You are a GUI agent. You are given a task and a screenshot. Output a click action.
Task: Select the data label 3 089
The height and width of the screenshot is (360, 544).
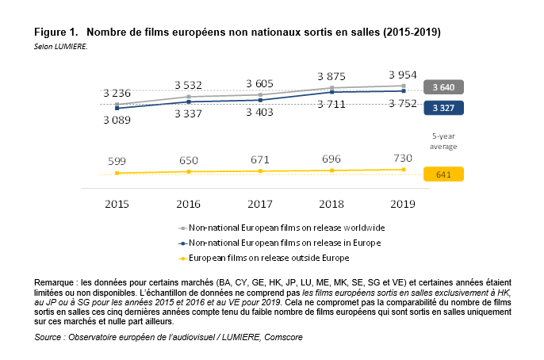click(117, 120)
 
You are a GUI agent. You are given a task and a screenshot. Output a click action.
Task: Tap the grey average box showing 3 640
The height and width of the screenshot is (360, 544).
click(444, 87)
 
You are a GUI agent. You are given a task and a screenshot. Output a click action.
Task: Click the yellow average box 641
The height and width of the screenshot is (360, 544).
click(444, 174)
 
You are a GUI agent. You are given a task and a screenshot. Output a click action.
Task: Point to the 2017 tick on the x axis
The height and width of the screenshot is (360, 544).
click(260, 204)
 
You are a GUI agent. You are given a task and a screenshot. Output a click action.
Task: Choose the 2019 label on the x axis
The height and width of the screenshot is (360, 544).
click(404, 204)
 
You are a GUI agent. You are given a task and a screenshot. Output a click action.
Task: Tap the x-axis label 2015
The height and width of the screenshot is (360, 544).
click(117, 204)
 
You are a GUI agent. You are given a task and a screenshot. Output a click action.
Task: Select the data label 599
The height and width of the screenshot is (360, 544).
click(117, 161)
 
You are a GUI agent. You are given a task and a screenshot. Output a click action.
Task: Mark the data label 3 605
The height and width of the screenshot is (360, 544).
click(260, 83)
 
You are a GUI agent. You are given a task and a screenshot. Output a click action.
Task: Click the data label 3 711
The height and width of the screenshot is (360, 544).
click(332, 104)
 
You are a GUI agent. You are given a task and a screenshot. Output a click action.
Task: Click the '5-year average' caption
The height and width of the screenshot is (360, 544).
click(443, 141)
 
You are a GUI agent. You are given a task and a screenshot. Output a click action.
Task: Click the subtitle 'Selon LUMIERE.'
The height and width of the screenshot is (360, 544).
click(60, 47)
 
